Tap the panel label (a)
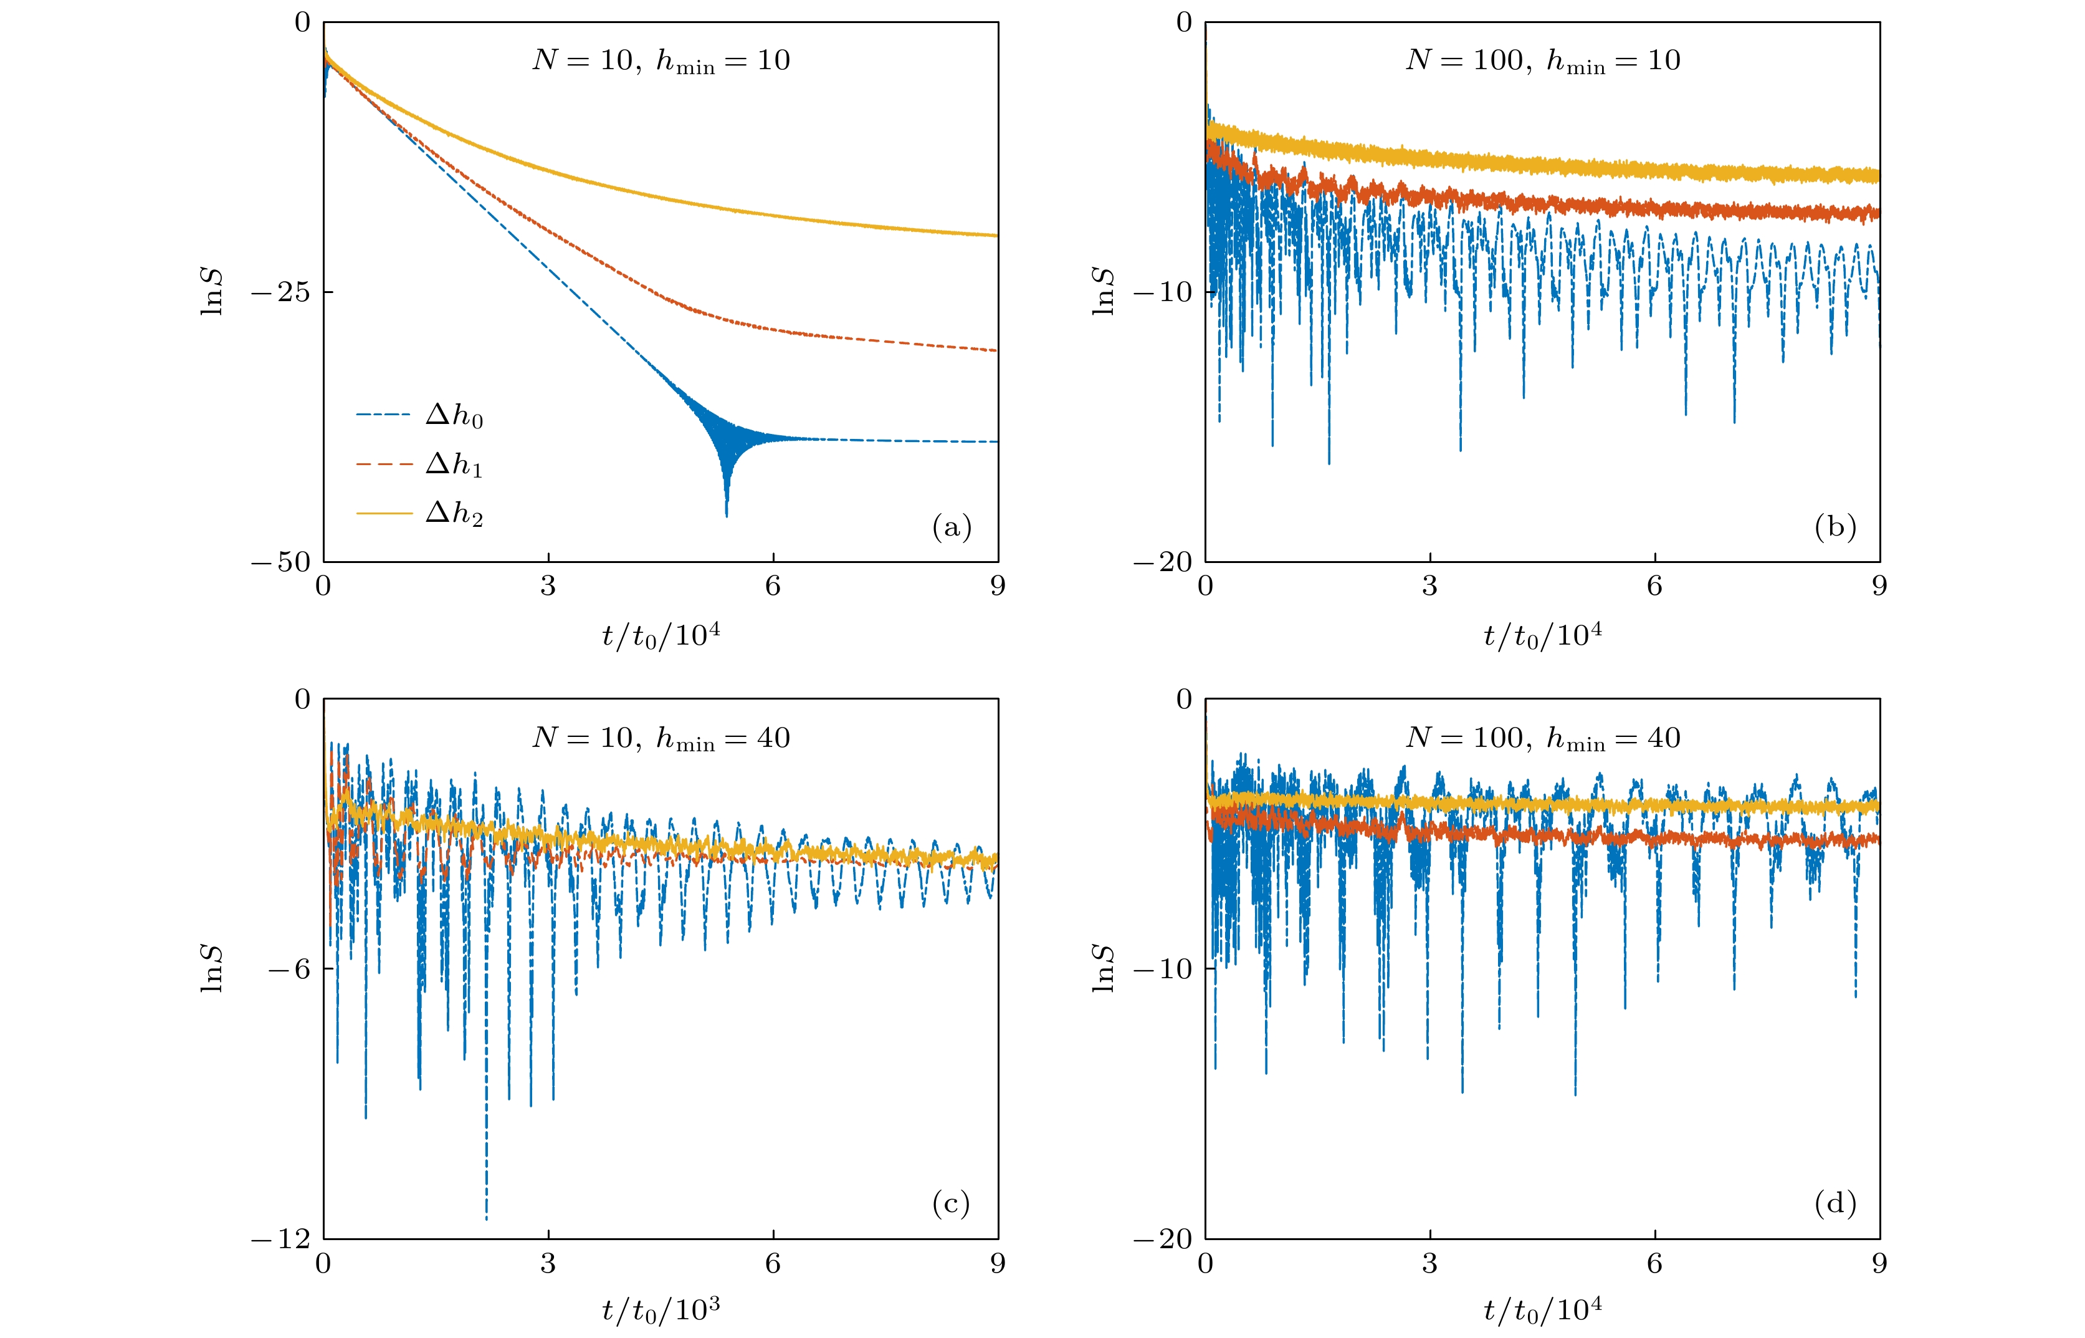click(x=951, y=526)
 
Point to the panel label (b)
click(x=1835, y=526)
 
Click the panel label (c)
click(x=951, y=1203)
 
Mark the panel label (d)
click(x=1835, y=1203)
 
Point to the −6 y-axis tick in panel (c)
click(x=289, y=969)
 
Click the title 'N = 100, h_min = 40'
click(x=1542, y=738)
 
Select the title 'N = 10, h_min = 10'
click(x=661, y=61)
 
